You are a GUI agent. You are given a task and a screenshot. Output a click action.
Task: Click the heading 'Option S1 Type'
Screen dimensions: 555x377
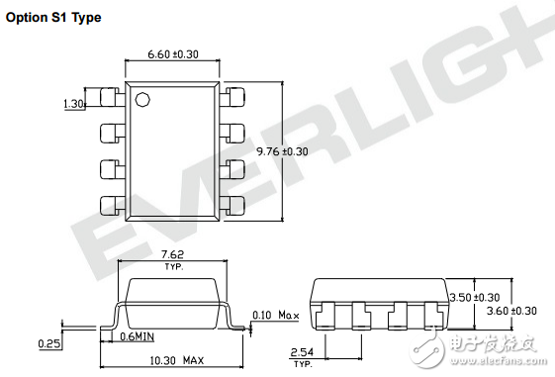tap(53, 18)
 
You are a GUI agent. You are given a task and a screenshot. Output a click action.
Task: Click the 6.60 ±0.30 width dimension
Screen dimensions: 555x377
tap(173, 54)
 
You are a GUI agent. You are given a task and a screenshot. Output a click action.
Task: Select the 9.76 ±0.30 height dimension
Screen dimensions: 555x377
tap(282, 151)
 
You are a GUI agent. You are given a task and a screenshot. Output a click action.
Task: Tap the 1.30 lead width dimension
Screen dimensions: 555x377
tap(73, 104)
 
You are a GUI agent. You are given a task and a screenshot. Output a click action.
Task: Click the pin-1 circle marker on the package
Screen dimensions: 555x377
tap(142, 100)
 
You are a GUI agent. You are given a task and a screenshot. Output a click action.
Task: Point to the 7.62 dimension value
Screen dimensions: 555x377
tap(173, 254)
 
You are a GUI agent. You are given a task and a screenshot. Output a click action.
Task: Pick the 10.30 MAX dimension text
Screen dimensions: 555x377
tap(177, 361)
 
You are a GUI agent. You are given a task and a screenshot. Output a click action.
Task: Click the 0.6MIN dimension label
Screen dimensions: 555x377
tap(137, 336)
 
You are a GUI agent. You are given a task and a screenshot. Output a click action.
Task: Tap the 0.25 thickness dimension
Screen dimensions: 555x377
tap(48, 343)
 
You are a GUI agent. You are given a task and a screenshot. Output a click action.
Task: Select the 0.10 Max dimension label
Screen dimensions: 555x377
tap(276, 315)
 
